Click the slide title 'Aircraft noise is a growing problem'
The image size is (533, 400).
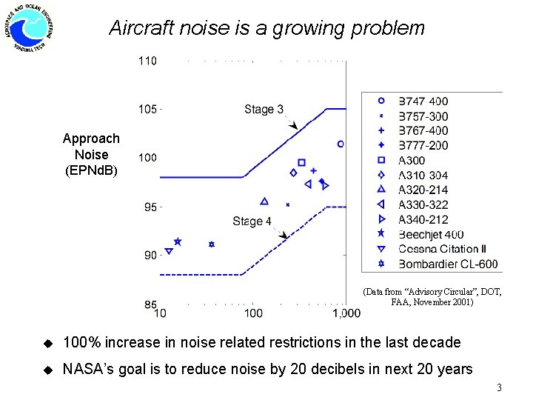point(266,29)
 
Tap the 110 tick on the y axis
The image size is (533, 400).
point(148,61)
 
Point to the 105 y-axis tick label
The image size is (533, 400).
point(148,110)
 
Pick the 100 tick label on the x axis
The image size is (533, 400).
point(253,313)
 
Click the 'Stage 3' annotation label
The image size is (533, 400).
point(264,110)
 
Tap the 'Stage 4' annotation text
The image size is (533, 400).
point(252,221)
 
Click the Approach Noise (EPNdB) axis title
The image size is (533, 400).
point(91,155)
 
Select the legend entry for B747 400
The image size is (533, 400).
point(423,101)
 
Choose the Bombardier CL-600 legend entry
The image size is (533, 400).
point(448,264)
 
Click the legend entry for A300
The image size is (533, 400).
point(412,160)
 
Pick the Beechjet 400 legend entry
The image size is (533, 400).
point(431,234)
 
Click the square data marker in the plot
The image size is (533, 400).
point(302,162)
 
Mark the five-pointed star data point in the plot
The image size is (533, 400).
point(178,241)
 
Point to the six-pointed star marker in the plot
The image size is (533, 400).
point(212,244)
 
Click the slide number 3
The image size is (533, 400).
point(500,387)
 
